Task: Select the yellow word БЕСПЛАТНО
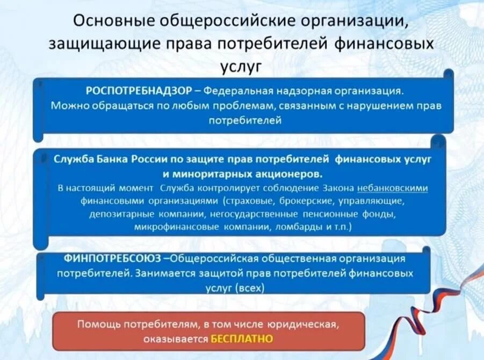[242, 339]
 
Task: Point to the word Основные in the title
[114, 23]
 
